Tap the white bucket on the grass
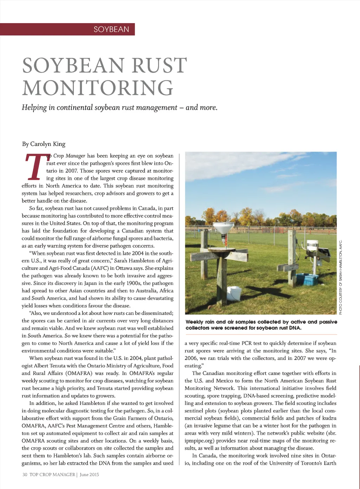[x=234, y=293]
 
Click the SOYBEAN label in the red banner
[x=111, y=29]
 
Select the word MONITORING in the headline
[x=98, y=88]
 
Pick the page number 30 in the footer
[x=25, y=475]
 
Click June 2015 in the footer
[x=89, y=475]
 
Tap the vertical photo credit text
[x=340, y=277]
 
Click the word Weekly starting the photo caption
[x=194, y=322]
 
